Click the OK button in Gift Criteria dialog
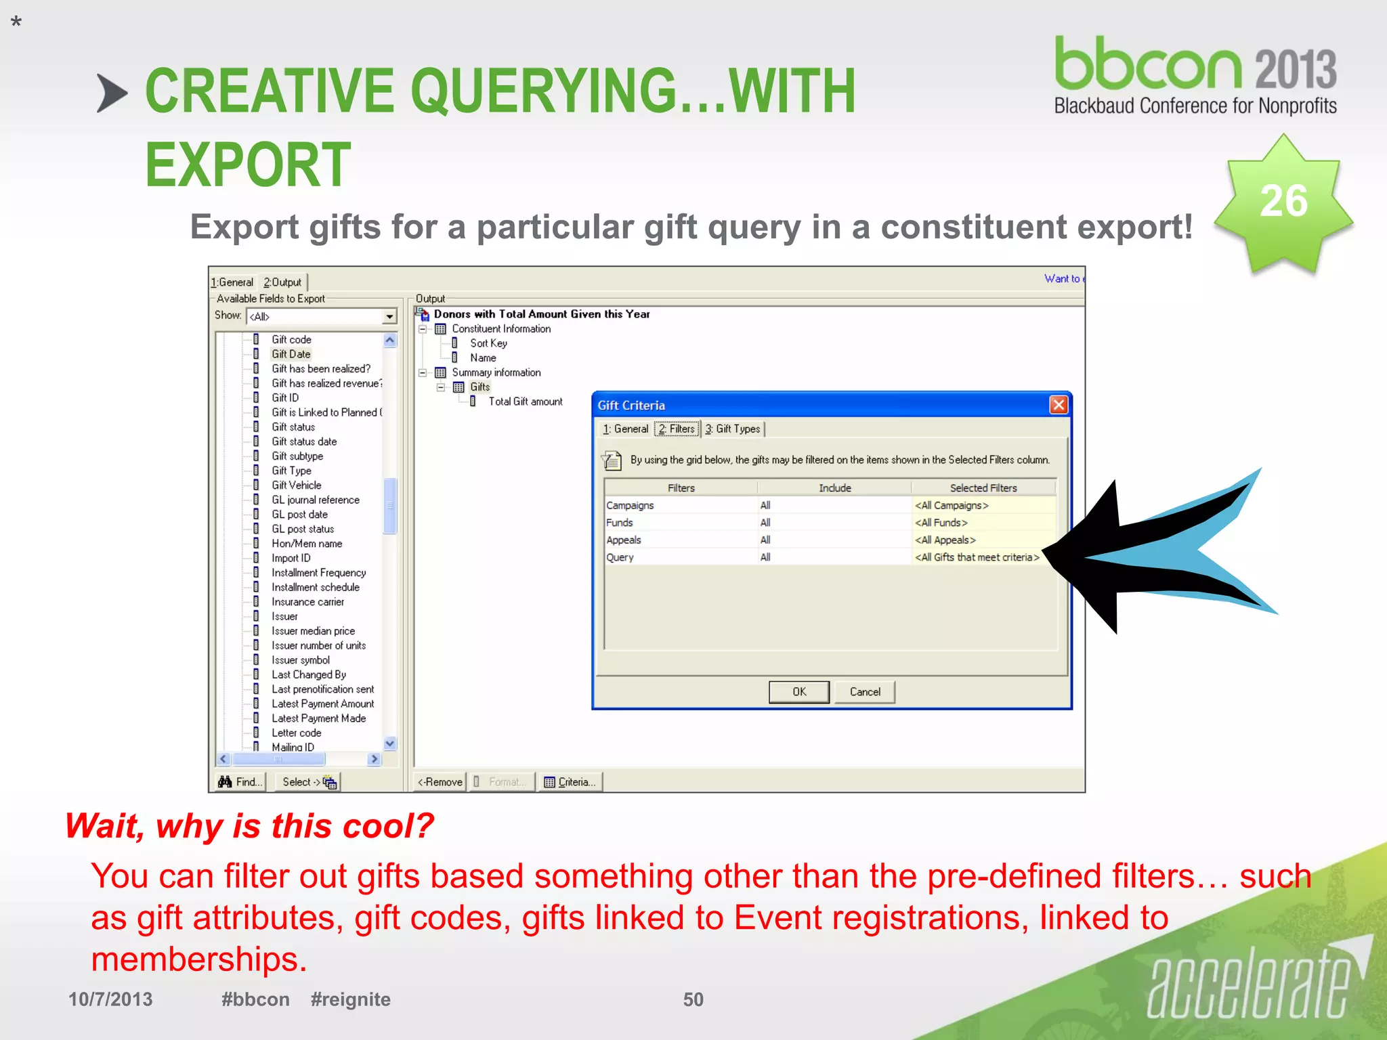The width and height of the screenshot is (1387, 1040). point(798,691)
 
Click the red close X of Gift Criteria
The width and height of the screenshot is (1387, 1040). point(1058,405)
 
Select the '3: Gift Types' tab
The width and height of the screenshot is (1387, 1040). point(733,429)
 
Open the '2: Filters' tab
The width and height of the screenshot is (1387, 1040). point(677,429)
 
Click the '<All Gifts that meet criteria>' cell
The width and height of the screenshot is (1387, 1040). point(977,557)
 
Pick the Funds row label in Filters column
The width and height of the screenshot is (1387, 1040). point(620,523)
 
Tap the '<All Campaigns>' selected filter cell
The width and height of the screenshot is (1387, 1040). point(952,505)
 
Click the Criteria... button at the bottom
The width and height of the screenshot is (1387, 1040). point(570,782)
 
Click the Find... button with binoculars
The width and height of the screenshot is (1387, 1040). point(240,782)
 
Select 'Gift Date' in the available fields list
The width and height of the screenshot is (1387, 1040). point(291,354)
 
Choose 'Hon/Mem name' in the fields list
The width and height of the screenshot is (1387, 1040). point(307,544)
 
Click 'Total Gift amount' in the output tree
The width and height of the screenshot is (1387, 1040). point(526,402)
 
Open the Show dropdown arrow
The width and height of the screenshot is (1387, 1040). point(389,316)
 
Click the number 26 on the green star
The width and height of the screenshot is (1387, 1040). point(1283,201)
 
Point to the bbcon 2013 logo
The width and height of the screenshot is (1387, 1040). point(1195,74)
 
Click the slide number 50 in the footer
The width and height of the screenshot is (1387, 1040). point(693,999)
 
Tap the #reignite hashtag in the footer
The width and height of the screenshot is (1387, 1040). point(350,999)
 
